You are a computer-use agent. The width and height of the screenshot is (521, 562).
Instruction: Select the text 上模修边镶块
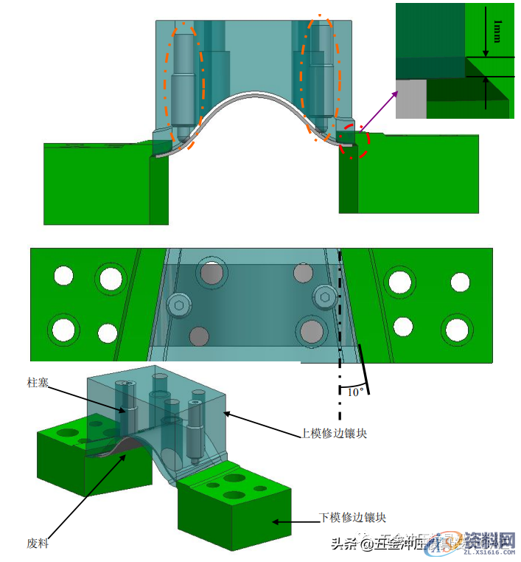coord(333,434)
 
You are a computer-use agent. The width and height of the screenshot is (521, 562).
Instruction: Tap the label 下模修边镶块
coord(352,518)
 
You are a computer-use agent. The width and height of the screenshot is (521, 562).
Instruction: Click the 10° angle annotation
coord(354,392)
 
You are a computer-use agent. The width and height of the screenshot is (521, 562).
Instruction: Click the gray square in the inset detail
coord(411,98)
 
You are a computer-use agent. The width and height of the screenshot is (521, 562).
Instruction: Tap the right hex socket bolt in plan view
coord(324,296)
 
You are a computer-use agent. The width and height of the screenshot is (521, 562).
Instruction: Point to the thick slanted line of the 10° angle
coord(363,370)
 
